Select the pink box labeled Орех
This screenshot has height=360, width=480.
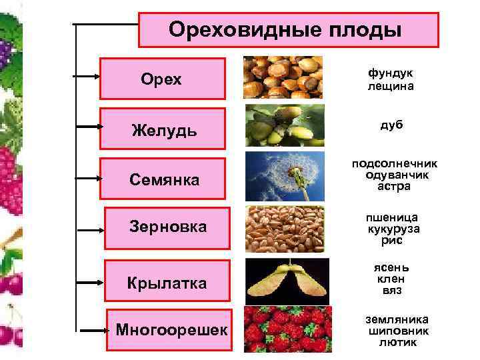162,79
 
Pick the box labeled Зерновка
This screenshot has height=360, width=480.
168,227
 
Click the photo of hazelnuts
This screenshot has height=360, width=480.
283,77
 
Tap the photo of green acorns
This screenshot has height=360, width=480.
284,125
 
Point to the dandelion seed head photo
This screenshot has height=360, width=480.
284,175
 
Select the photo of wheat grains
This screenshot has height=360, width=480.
284,229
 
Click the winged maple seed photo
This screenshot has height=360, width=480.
284,279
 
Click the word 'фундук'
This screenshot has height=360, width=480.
390,73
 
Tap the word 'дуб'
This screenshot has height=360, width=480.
391,125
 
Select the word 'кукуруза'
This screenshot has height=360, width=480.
393,229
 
